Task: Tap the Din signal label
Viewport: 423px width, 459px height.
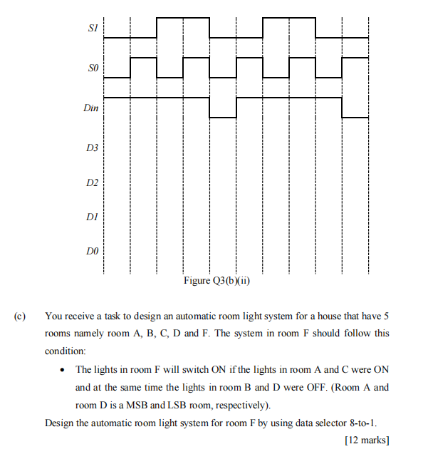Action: [91, 109]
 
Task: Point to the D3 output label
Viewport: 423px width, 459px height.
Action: [91, 148]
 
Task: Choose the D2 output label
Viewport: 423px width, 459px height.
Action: [91, 183]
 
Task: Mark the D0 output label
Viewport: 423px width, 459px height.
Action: [91, 252]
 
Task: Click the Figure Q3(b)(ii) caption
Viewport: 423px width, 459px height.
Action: [219, 280]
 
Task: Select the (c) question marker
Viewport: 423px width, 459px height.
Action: [19, 316]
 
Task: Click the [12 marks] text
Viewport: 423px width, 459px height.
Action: [367, 440]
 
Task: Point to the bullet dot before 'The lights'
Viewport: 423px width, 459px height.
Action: [65, 370]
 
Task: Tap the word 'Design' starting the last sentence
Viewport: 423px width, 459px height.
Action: [58, 423]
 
